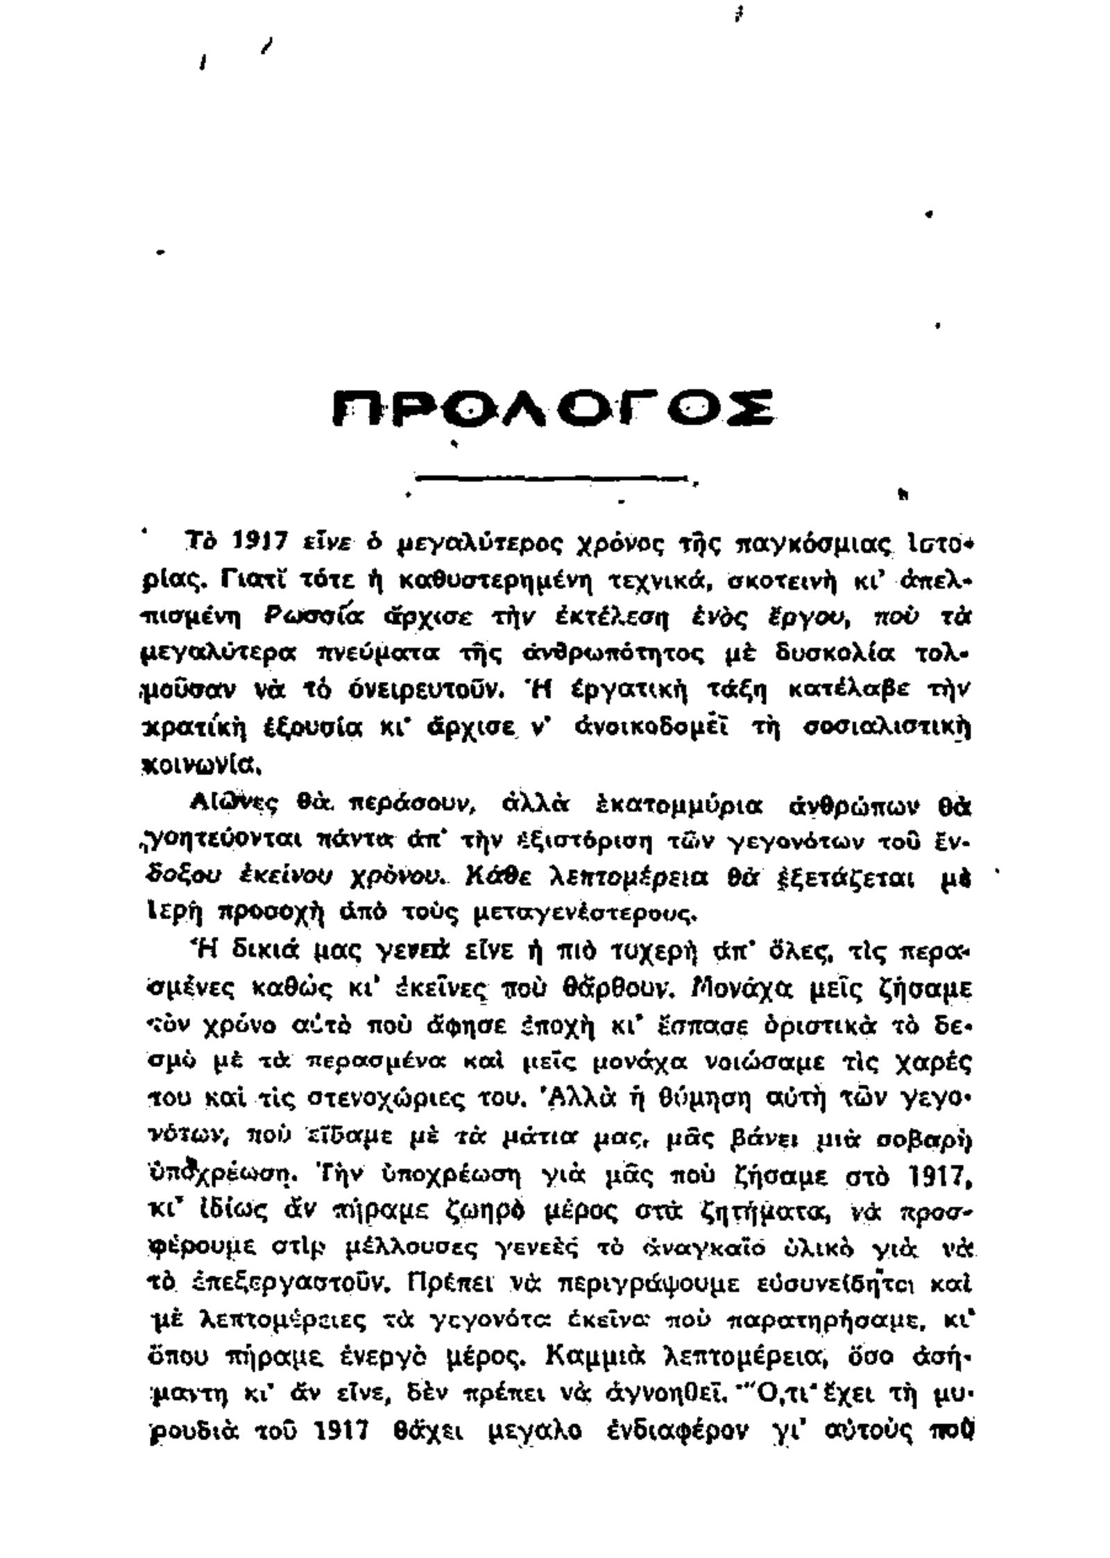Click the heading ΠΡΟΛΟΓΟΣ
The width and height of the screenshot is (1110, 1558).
point(553,409)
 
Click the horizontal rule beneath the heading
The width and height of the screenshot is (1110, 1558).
point(552,477)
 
